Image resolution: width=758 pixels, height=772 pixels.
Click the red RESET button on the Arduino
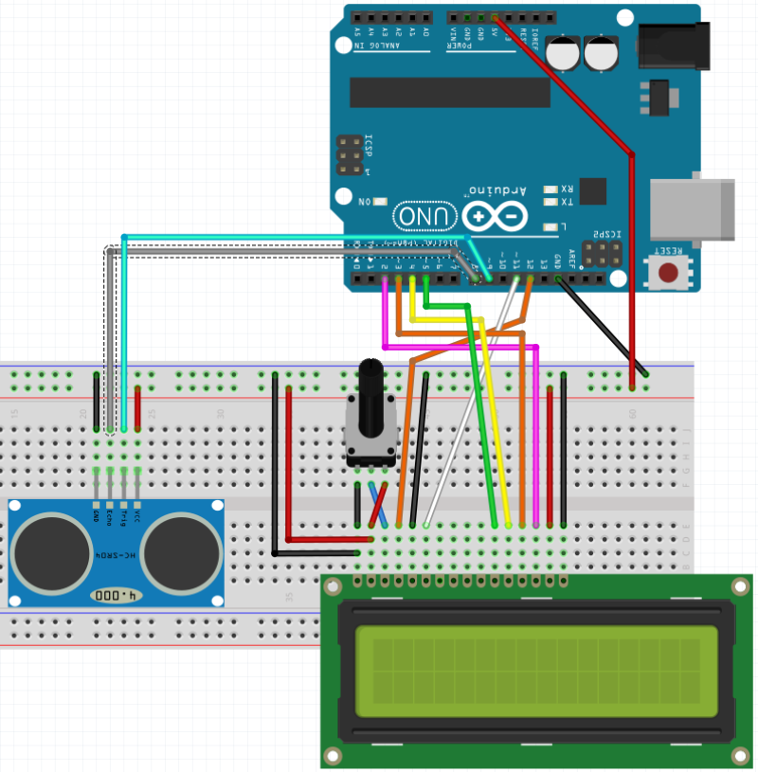[x=669, y=273]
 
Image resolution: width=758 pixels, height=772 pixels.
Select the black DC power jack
[x=673, y=45]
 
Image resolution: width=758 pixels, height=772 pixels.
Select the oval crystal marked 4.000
[x=111, y=595]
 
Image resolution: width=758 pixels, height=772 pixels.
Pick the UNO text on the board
[x=418, y=218]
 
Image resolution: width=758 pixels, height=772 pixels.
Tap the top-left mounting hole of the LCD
[x=333, y=587]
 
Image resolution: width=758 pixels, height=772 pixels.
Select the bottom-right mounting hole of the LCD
[x=740, y=755]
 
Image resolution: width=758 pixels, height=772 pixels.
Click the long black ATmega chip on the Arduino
[x=449, y=92]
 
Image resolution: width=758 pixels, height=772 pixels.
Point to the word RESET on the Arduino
[x=669, y=251]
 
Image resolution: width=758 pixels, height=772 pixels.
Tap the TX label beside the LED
[x=568, y=202]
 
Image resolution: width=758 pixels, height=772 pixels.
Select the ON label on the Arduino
[x=364, y=202]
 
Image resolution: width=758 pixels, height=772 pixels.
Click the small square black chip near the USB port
[x=593, y=190]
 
